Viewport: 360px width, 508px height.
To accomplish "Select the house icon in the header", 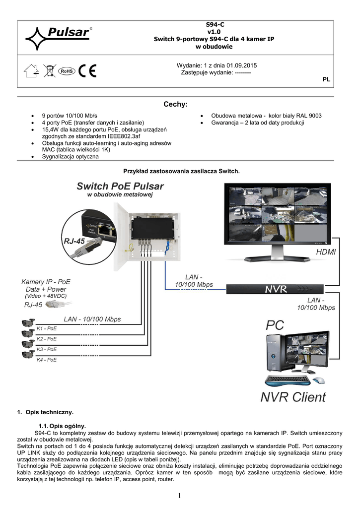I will coord(31,70).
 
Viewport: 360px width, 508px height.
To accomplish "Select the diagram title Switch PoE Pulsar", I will coord(120,187).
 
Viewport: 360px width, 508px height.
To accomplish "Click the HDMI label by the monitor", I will coord(326,253).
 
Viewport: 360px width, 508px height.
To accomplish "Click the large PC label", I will coord(276,325).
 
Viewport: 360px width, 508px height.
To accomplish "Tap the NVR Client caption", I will coord(293,397).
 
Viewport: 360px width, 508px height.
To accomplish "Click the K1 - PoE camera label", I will coord(47,328).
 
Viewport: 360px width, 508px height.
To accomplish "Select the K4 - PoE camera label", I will coord(47,359).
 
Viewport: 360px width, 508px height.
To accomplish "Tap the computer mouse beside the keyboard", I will coord(319,381).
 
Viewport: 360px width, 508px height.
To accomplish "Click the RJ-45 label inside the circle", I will coord(73,242).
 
